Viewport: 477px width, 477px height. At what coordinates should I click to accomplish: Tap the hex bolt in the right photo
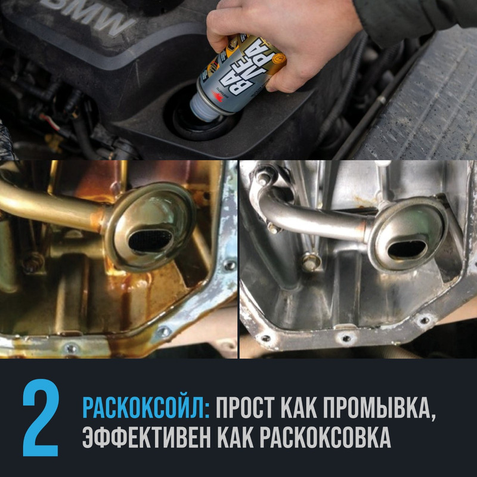coord(308,261)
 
